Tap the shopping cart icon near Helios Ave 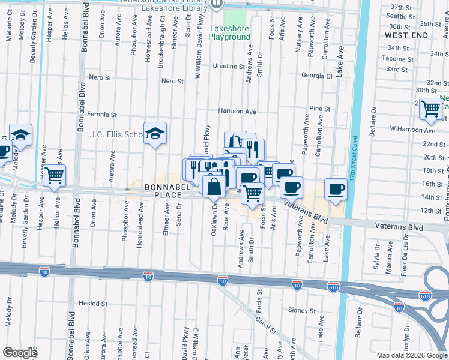click(x=54, y=176)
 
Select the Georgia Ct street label click(x=317, y=76)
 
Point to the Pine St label click(x=320, y=109)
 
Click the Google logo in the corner click(x=19, y=353)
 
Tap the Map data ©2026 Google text click(x=411, y=355)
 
